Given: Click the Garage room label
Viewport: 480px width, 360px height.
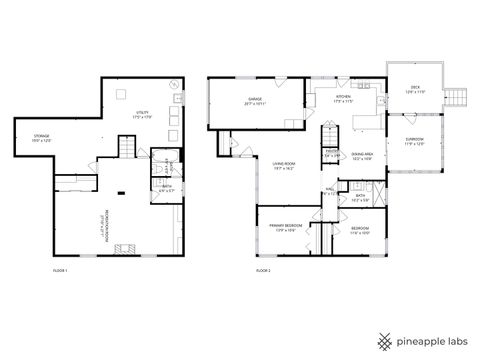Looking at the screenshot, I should tap(255, 101).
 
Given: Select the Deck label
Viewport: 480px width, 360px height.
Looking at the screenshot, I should tap(415, 89).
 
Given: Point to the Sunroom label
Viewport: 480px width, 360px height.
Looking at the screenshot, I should tap(414, 139).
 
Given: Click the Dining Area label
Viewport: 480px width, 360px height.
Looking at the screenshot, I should tap(362, 156).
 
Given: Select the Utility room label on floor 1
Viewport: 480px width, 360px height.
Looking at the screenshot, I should tap(141, 115).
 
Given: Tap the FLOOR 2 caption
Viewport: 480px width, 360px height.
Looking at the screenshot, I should tap(263, 271).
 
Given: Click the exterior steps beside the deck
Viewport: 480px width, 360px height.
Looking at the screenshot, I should tap(456, 96).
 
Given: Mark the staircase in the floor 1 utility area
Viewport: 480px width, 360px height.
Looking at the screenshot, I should tap(126, 148).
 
